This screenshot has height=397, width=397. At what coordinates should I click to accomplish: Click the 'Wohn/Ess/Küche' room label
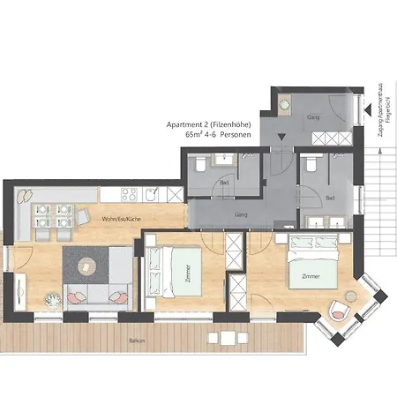[x=121, y=217]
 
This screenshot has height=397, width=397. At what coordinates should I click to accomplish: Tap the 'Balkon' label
[x=136, y=340]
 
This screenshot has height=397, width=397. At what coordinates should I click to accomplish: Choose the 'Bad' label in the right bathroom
[x=330, y=198]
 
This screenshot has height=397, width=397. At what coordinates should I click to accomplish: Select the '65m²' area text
[x=195, y=137]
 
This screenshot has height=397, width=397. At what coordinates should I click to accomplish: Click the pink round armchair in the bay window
[x=339, y=311]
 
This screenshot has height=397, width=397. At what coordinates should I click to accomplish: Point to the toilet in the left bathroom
[x=201, y=164]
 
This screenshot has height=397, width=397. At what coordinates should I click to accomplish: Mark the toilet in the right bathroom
[x=310, y=164]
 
